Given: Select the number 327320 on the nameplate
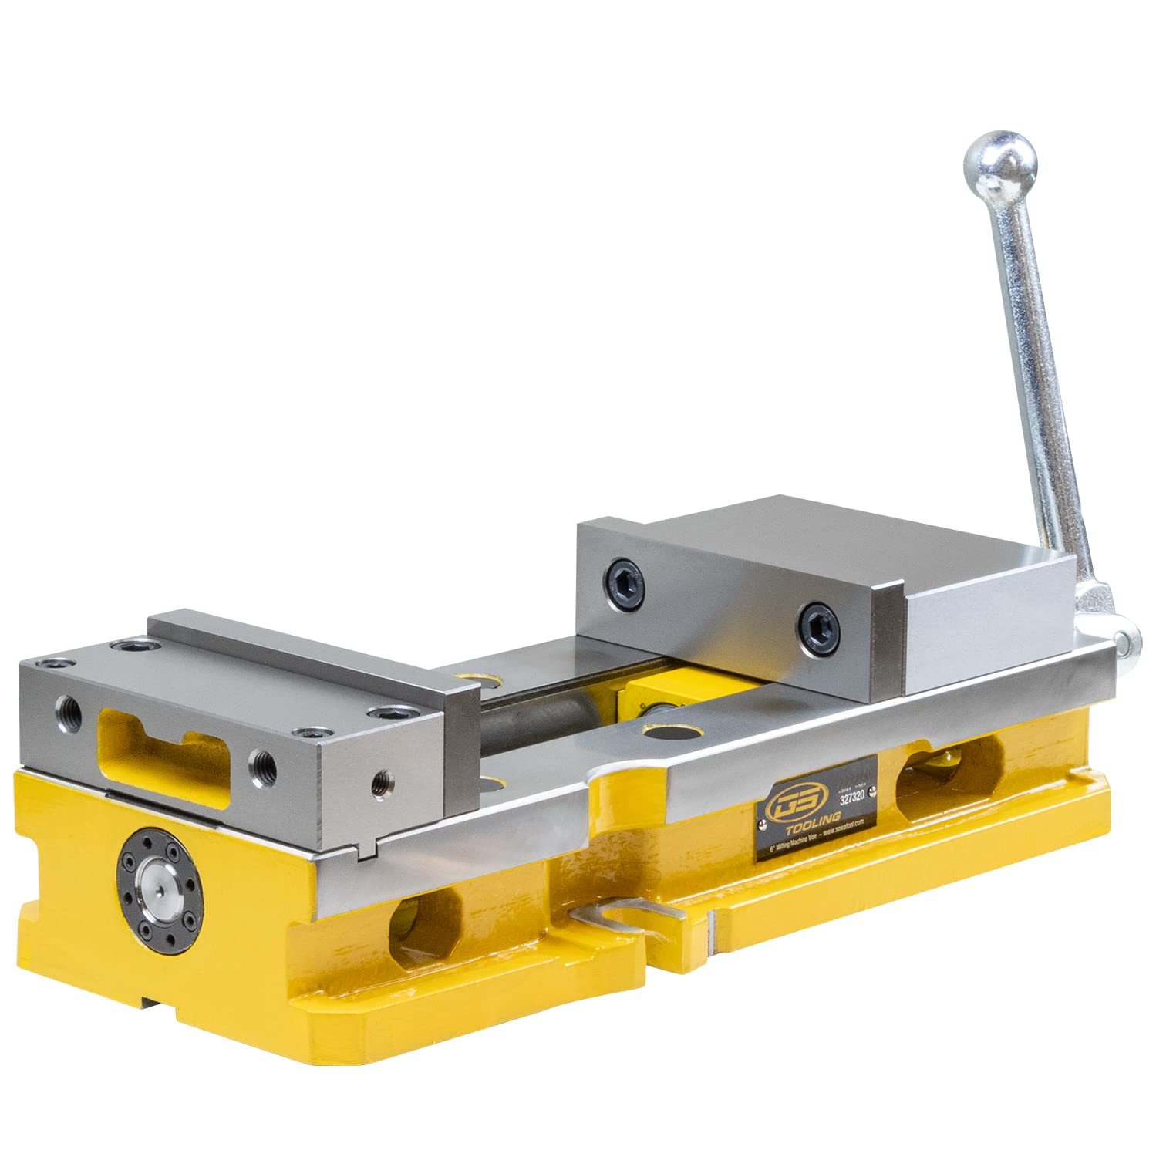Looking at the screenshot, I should click(853, 799).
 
